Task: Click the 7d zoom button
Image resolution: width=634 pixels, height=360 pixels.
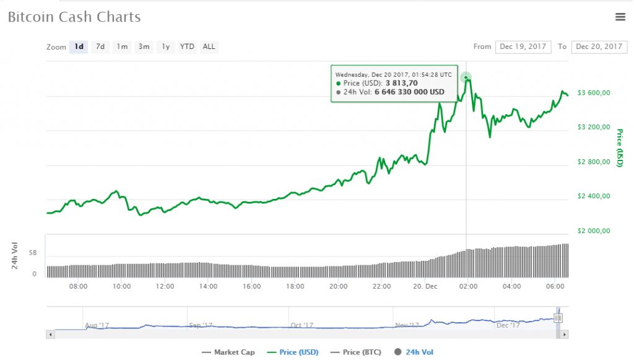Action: coord(100,46)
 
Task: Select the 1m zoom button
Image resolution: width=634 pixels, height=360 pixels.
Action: coord(122,46)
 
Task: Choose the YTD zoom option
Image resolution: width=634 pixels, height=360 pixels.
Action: coord(187,46)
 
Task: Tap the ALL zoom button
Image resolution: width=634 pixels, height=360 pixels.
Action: coord(209,46)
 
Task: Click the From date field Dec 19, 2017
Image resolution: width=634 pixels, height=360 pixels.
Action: coord(523,46)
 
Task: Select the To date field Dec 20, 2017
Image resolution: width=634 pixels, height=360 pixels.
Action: coord(599,46)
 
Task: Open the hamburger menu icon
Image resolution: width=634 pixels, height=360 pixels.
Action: coord(620,17)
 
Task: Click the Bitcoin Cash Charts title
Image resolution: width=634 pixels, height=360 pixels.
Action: coord(74,17)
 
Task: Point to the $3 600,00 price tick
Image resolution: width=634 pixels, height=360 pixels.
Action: coord(594,93)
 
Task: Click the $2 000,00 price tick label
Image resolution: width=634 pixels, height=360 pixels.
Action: coord(594,231)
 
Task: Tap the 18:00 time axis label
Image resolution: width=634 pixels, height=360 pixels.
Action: coord(295,286)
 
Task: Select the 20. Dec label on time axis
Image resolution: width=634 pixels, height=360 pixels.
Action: coord(425,286)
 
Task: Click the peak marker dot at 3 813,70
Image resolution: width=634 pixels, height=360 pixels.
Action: coord(466,77)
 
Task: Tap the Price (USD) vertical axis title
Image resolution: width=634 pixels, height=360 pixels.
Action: coord(620,147)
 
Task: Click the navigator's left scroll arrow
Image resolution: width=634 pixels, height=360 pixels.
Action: coord(51,334)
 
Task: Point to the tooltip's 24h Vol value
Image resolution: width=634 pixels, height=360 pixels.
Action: coord(409,92)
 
